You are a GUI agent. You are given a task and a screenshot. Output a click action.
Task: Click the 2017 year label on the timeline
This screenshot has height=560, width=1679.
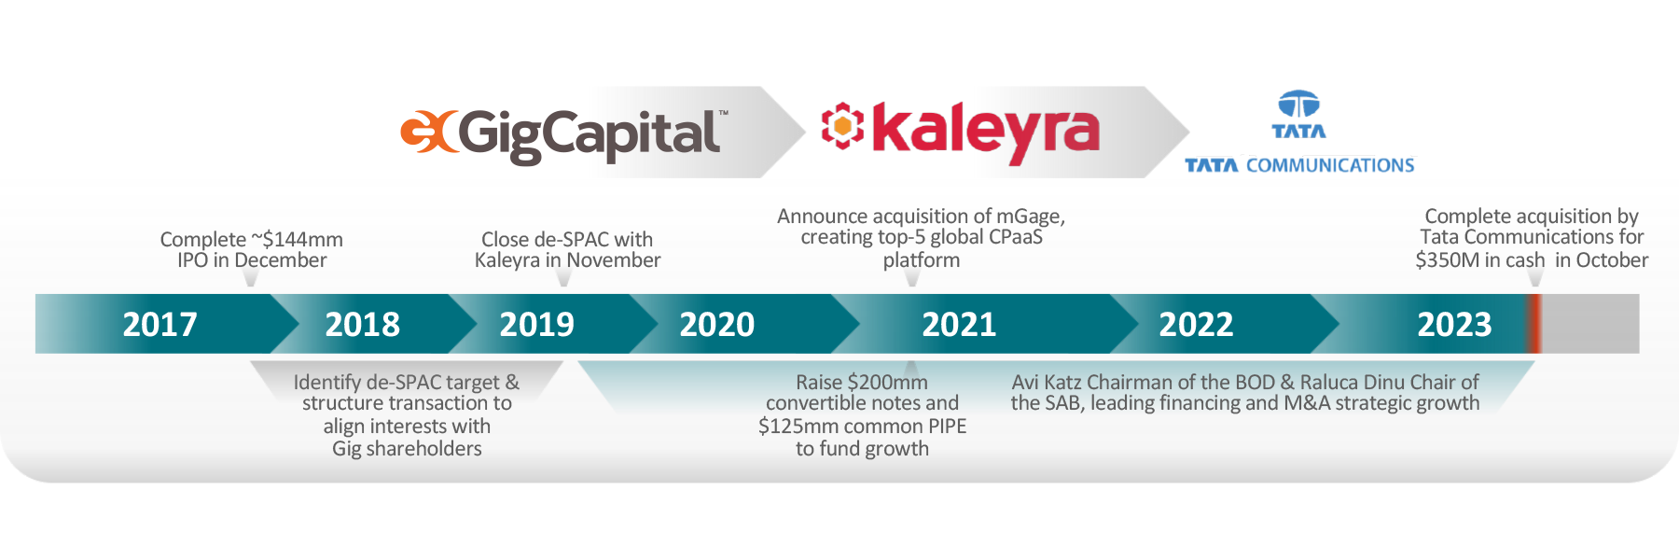pyautogui.click(x=160, y=325)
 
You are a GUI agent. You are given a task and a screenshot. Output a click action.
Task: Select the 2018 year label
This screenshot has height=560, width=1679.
pyautogui.click(x=362, y=325)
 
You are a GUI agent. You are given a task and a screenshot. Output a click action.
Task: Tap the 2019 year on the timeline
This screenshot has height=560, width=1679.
pyautogui.click(x=536, y=325)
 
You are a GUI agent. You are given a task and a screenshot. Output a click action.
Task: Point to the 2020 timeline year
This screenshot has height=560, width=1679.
pyautogui.click(x=716, y=325)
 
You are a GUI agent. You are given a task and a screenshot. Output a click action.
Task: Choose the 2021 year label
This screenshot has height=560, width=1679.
pyautogui.click(x=959, y=325)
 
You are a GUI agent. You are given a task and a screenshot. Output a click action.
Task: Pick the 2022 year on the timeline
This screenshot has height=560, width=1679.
pyautogui.click(x=1196, y=325)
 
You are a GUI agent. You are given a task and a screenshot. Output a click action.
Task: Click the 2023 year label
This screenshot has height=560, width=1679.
pyautogui.click(x=1454, y=325)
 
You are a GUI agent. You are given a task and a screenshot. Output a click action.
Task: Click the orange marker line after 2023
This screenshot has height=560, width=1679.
pyautogui.click(x=1534, y=324)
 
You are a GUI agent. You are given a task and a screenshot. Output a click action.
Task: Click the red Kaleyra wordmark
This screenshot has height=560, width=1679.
pyautogui.click(x=986, y=133)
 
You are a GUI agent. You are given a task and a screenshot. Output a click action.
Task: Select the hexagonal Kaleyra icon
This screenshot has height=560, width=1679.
pyautogui.click(x=842, y=125)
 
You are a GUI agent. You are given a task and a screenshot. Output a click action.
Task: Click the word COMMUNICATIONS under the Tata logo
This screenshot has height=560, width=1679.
pyautogui.click(x=1330, y=166)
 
